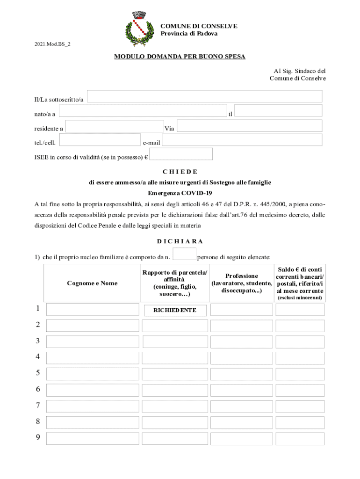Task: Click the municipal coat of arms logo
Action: (139, 29)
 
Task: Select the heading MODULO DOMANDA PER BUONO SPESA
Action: (180, 57)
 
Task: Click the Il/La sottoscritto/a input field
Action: (205, 96)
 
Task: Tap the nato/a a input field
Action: (143, 111)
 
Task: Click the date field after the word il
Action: (278, 110)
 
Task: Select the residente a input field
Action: (115, 126)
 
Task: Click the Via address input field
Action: (249, 126)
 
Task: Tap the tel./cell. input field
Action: (100, 140)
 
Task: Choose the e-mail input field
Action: (242, 140)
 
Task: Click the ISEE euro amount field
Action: (181, 154)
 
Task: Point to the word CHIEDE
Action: (180, 172)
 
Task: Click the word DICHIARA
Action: (180, 241)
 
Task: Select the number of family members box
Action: (184, 254)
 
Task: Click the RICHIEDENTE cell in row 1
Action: (174, 310)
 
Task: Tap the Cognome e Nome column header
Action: (92, 283)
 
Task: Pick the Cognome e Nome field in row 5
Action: (93, 374)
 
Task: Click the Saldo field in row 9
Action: (300, 439)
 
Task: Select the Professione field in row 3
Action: (241, 342)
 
